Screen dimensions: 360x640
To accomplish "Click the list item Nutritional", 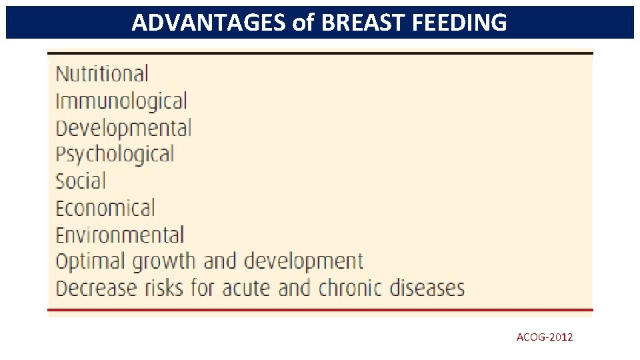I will (101, 74).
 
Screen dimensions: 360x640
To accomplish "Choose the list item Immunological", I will (121, 101).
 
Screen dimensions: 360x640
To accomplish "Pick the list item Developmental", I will (123, 128).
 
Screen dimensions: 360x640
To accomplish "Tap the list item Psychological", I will (114, 155).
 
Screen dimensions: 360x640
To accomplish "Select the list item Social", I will (80, 181).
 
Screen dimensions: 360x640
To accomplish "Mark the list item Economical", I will (105, 208).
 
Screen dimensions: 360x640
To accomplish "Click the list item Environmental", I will (119, 235).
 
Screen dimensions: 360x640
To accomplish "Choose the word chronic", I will (355, 288).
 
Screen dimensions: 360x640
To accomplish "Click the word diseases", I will (433, 288).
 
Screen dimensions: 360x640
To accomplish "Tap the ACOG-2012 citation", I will (544, 337).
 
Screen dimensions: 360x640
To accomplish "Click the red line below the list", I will (320, 310).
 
